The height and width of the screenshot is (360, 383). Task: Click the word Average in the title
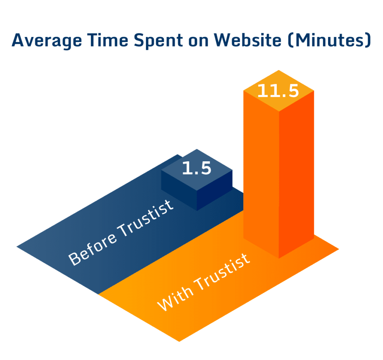click(47, 40)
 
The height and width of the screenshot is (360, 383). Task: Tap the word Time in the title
click(108, 40)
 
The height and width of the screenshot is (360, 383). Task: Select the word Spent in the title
click(158, 40)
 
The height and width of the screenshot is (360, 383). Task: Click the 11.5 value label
click(278, 91)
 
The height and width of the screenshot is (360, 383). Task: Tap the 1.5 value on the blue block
click(197, 168)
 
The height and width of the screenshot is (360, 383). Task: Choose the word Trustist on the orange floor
click(222, 272)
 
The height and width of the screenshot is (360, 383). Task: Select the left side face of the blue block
click(179, 190)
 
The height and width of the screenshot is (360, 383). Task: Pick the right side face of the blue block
click(214, 190)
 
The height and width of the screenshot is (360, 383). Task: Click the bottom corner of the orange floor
click(179, 341)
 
